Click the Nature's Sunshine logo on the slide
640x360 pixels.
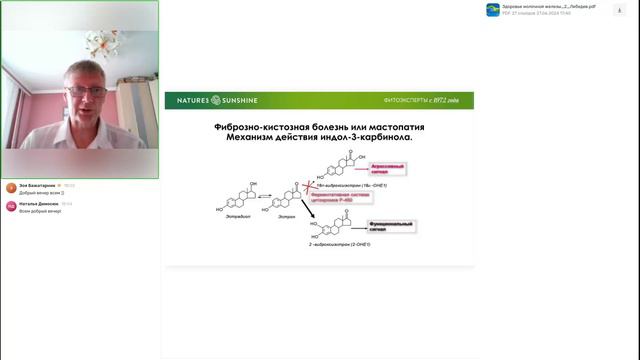[x=211, y=101]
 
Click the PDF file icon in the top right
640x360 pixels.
[x=493, y=9]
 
